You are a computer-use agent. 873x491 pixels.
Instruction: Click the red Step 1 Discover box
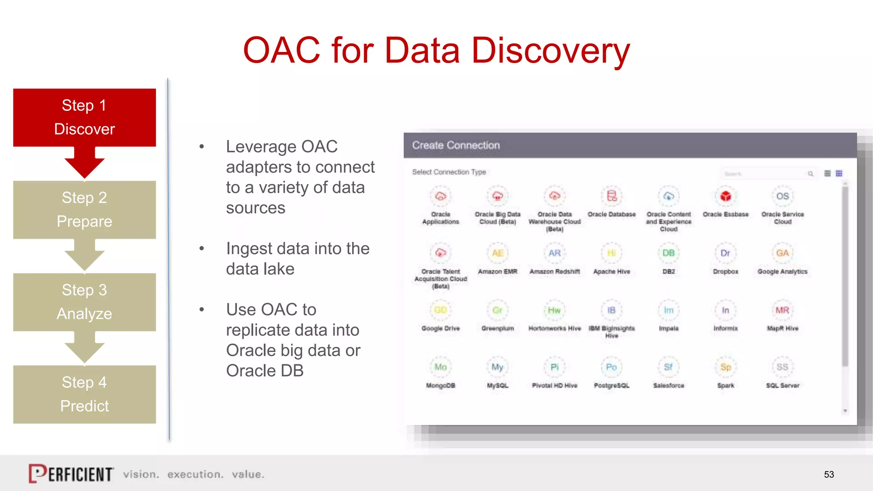pos(84,117)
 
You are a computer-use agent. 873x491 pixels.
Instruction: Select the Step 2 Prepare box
pos(84,209)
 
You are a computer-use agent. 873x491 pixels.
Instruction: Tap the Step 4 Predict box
pos(84,394)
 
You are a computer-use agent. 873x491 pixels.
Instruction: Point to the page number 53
pos(829,474)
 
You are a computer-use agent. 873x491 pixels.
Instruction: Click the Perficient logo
pos(71,474)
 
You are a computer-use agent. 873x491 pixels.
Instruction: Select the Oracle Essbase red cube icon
pos(726,196)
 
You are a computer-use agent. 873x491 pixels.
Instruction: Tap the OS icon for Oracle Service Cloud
pos(782,196)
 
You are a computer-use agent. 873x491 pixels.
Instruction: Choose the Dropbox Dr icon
pos(725,253)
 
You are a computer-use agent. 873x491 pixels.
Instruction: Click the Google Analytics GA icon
pos(782,253)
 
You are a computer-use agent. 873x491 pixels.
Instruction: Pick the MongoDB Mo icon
pos(440,367)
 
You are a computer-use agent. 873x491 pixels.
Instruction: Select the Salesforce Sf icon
pos(668,367)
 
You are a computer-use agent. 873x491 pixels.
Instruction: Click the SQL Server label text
pos(783,385)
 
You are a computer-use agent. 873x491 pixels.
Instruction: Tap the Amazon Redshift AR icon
pos(554,253)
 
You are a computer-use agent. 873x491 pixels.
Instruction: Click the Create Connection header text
pos(456,145)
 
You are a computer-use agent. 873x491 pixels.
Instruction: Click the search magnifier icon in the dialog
pos(810,174)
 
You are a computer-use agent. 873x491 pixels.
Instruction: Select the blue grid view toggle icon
pos(839,173)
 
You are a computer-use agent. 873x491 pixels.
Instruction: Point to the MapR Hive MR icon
pos(782,310)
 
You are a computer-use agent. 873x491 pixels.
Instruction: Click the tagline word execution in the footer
pos(195,474)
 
